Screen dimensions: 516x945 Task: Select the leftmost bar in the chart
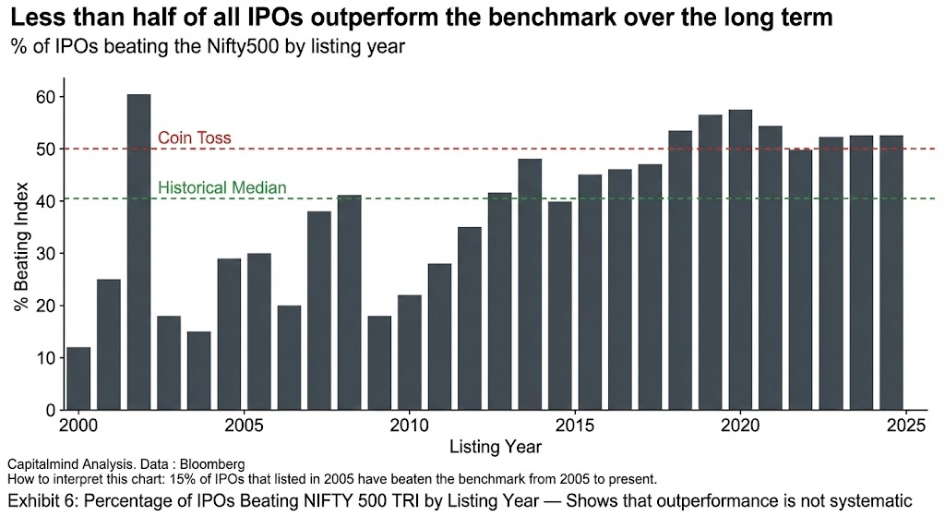click(78, 378)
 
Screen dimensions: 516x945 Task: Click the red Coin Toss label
click(194, 138)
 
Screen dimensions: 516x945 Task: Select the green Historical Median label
click(221, 188)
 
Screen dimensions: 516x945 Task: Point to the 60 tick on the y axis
click(45, 97)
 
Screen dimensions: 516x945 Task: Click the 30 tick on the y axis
click(45, 253)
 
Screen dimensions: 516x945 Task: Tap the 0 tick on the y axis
click(50, 410)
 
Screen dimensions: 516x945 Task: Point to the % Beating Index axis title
click(21, 253)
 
